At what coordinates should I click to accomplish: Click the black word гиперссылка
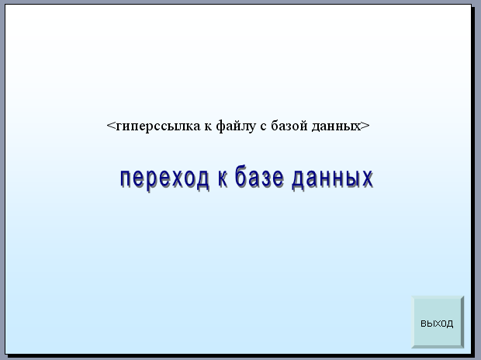click(158, 126)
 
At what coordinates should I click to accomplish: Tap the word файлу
click(236, 126)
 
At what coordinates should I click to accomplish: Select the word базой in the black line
click(289, 125)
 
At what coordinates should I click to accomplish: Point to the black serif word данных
click(336, 126)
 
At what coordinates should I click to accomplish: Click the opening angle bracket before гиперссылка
click(111, 126)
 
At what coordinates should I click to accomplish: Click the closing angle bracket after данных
click(365, 126)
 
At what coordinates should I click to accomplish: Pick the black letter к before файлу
click(208, 126)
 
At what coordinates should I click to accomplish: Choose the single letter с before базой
click(263, 126)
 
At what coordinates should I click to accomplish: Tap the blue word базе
click(259, 176)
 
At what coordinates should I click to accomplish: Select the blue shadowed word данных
click(333, 179)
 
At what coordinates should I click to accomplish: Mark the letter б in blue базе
click(241, 176)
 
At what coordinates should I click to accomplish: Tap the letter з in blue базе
click(267, 178)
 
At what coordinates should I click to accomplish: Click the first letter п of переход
click(126, 180)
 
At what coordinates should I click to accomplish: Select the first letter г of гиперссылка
click(119, 126)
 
